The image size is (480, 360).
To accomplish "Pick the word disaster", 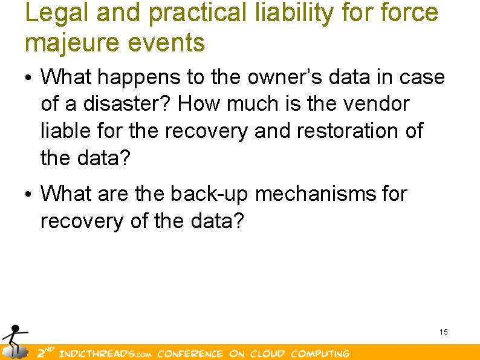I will pos(125,104).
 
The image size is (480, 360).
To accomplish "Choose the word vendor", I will pos(376,104).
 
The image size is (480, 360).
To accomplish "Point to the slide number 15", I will pos(444,332).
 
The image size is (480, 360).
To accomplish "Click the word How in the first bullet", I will pos(198,104).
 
